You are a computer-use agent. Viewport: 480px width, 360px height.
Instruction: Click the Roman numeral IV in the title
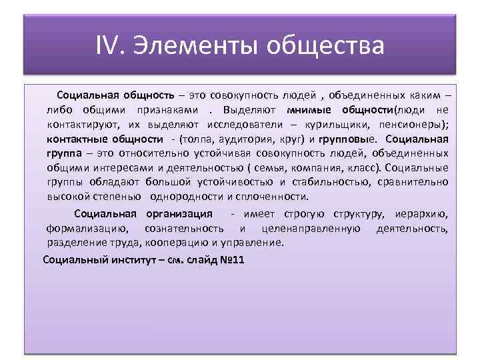point(108,47)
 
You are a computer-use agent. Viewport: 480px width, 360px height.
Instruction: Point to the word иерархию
point(420,214)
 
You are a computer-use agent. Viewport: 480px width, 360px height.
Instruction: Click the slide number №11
point(231,259)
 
